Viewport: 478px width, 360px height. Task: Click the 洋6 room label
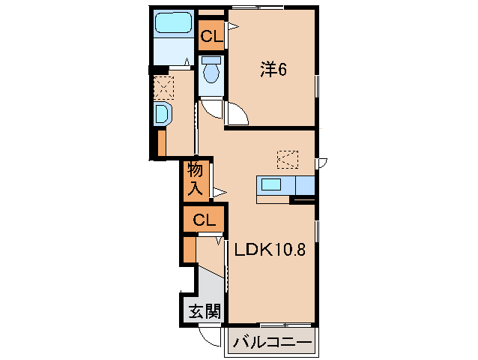point(273,70)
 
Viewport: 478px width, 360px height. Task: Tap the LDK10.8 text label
point(270,250)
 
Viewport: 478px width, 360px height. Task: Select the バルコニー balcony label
point(271,343)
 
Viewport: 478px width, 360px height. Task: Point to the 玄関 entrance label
point(202,310)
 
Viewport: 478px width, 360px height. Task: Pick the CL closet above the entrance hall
point(204,220)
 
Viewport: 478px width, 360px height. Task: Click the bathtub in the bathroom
point(175,25)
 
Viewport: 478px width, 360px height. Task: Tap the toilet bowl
point(211,71)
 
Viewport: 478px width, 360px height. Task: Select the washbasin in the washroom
point(161,115)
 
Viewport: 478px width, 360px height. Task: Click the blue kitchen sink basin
point(270,184)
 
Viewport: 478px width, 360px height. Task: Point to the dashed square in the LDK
point(287,159)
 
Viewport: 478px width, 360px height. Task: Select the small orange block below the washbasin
point(161,142)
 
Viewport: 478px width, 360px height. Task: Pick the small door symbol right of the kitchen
point(321,163)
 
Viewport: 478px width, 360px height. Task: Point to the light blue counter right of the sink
point(305,184)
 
